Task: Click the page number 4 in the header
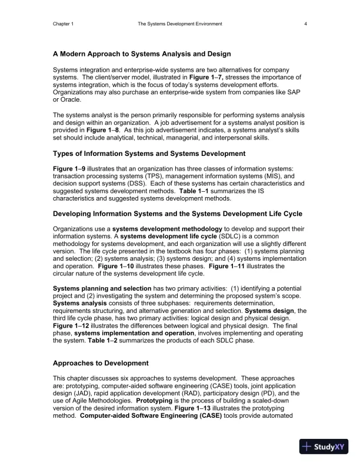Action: (306, 24)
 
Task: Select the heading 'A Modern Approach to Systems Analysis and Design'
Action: (142, 54)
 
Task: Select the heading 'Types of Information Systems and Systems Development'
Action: (149, 154)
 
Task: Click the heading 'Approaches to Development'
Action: (101, 363)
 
